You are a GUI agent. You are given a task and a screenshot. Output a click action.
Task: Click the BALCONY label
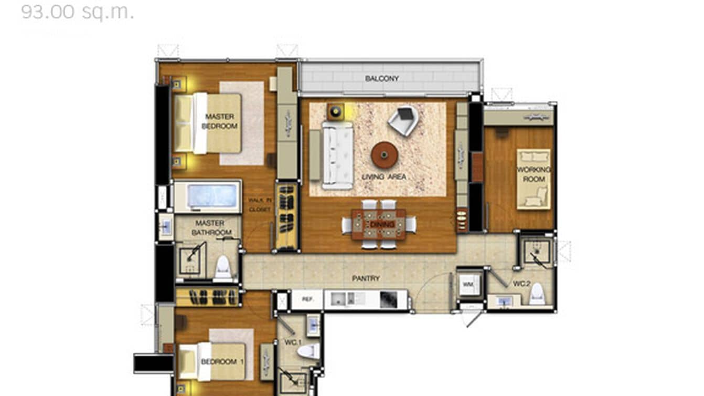point(382,79)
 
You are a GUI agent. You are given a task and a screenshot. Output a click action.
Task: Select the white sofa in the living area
point(337,155)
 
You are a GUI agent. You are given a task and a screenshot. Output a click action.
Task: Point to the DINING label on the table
point(379,224)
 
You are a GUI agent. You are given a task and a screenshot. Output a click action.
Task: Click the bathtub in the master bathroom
point(208,196)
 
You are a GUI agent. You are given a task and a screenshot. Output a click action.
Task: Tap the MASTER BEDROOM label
point(220,121)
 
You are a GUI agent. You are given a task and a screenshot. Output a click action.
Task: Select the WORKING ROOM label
point(534,174)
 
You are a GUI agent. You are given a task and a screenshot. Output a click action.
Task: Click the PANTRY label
point(366,278)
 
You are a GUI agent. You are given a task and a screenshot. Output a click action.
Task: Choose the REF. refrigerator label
point(307,299)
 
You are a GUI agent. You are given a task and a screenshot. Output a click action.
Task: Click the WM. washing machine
point(468,285)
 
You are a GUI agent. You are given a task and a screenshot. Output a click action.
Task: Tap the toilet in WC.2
point(537,296)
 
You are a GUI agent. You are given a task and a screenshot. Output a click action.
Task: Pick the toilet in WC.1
point(308,351)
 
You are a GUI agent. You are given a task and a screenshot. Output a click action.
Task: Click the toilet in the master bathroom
point(223,266)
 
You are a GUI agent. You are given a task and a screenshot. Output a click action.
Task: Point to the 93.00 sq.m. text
point(77,12)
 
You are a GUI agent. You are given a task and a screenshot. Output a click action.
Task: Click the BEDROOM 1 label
point(222,362)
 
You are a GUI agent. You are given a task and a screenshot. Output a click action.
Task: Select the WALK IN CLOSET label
point(260,205)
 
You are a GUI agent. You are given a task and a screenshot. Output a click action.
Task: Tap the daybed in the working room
point(534,179)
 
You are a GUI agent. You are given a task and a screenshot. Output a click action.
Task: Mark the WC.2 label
point(521,284)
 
